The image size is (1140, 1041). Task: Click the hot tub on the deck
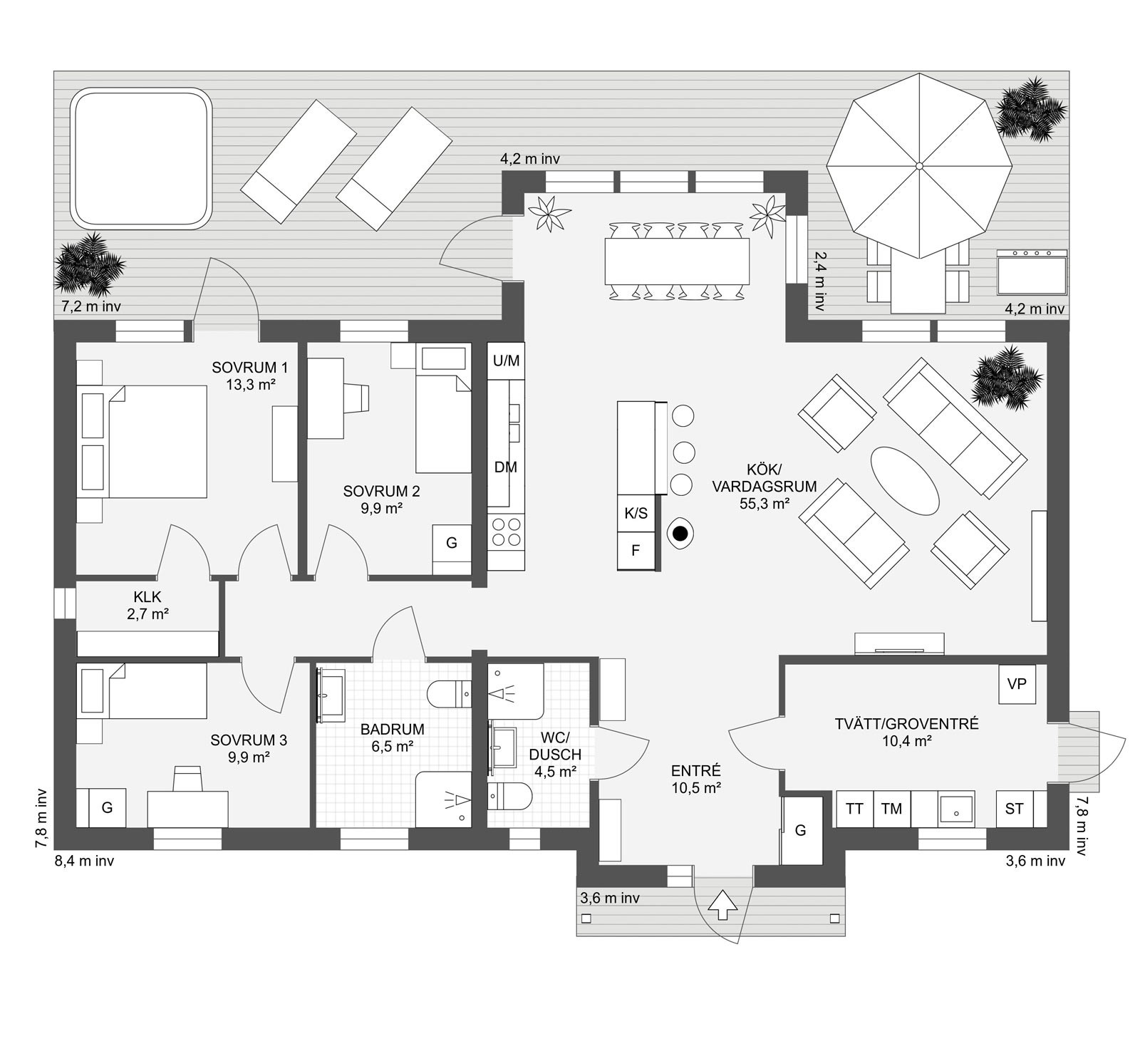tap(141, 158)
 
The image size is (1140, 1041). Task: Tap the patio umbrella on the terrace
tap(919, 165)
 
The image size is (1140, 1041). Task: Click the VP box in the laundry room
tap(1017, 684)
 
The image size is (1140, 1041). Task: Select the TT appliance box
tap(854, 809)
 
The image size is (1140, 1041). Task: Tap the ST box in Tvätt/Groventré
tap(1014, 809)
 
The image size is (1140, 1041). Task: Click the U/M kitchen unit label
tap(506, 361)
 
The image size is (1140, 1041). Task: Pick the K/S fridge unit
tap(636, 513)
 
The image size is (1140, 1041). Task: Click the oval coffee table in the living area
tap(905, 480)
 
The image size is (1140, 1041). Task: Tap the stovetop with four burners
tap(506, 531)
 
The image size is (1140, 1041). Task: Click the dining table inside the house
tap(677, 261)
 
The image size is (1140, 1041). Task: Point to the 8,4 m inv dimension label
tap(84, 861)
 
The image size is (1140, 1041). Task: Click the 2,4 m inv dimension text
tap(819, 281)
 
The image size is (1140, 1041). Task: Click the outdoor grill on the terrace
tap(1032, 272)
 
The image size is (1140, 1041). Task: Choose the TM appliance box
tap(891, 809)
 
